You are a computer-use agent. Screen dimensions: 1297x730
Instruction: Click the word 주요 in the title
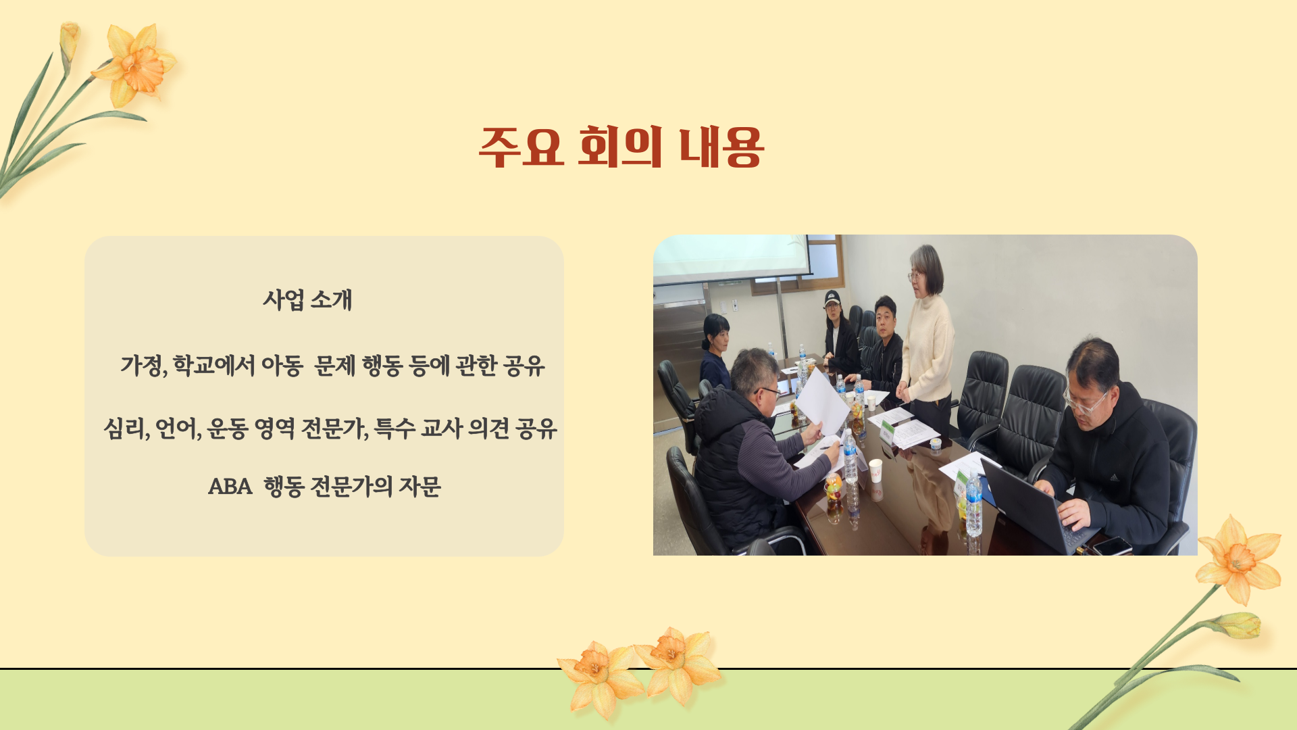point(521,147)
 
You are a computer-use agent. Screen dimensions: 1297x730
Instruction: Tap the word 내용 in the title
point(721,147)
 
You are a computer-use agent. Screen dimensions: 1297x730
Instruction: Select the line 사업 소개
point(308,299)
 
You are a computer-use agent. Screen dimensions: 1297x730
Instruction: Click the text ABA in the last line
point(230,487)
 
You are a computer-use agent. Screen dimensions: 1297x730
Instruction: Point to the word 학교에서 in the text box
point(213,366)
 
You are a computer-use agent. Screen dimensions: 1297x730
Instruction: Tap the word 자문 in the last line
point(419,487)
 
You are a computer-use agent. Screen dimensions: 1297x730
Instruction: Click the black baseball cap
point(832,298)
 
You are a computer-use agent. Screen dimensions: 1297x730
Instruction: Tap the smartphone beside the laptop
point(1112,545)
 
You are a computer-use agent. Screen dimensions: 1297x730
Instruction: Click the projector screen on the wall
point(732,257)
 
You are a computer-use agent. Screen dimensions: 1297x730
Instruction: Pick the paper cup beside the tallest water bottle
point(875,471)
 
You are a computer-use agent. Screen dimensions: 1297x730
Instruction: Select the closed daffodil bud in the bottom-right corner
point(1238,625)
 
